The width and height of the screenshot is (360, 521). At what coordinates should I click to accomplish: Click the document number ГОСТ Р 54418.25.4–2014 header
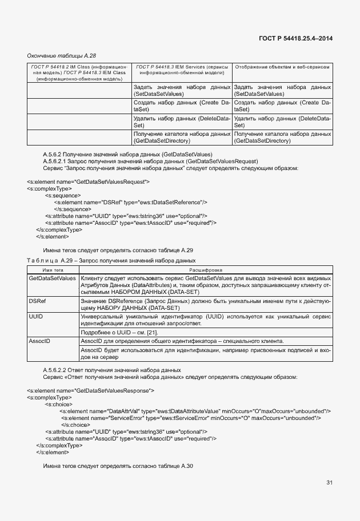[x=295, y=39]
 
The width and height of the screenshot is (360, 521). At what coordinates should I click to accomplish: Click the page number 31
[x=329, y=483]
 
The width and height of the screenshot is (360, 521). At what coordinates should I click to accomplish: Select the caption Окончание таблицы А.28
[x=62, y=55]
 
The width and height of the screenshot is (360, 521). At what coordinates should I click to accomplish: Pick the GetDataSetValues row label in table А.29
[x=52, y=278]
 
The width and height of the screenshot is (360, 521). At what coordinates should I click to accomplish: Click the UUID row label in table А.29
[x=36, y=315]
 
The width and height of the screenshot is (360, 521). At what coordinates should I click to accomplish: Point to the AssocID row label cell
[x=39, y=341]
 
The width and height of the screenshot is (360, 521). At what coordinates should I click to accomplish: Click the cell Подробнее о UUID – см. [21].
[x=119, y=332]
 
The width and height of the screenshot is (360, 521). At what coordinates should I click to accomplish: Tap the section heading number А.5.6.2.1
[x=57, y=161]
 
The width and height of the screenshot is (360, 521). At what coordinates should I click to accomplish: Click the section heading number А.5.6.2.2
[x=57, y=370]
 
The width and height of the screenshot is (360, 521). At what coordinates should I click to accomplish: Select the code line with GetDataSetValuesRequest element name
[x=88, y=181]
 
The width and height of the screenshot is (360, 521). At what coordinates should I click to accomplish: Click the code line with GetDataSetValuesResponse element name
[x=90, y=390]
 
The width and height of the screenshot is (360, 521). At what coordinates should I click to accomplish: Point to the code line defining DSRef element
[x=130, y=202]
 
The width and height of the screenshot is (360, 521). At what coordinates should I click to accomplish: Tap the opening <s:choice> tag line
[x=59, y=404]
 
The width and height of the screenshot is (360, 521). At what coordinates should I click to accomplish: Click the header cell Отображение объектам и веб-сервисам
[x=283, y=67]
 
